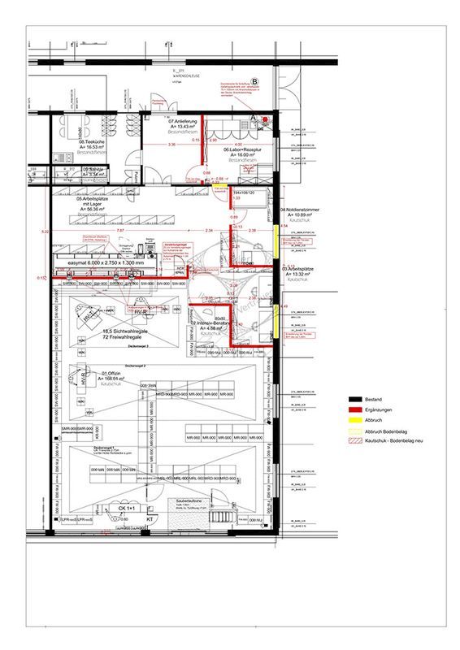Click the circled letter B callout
pyautogui.click(x=254, y=82)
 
